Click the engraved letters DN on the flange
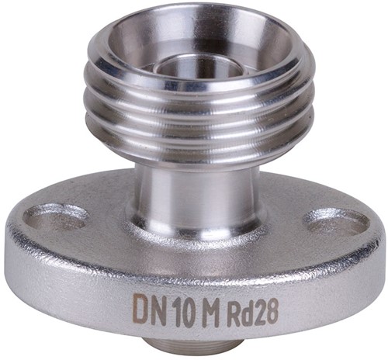[152, 306]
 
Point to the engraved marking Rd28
[252, 313]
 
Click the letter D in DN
[142, 305]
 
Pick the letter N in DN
[161, 306]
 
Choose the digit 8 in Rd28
[272, 312]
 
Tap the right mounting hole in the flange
[336, 223]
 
